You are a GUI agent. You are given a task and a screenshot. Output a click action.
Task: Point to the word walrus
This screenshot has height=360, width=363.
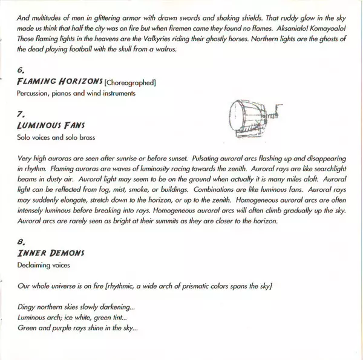tap(165, 50)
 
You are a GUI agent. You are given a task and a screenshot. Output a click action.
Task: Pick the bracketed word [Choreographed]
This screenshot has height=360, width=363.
tap(131, 82)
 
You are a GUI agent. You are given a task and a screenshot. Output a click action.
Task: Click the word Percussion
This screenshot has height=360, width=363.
tap(34, 94)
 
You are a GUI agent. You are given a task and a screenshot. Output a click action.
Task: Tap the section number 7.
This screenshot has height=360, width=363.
tap(21, 113)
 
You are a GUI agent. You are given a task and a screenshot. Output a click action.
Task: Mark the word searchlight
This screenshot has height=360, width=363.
tap(319, 169)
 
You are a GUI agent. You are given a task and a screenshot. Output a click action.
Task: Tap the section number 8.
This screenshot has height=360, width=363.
tap(21, 242)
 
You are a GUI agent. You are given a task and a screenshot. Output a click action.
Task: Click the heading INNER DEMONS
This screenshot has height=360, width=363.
tap(51, 254)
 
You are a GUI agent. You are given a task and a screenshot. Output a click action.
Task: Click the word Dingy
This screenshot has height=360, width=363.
tap(27, 307)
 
